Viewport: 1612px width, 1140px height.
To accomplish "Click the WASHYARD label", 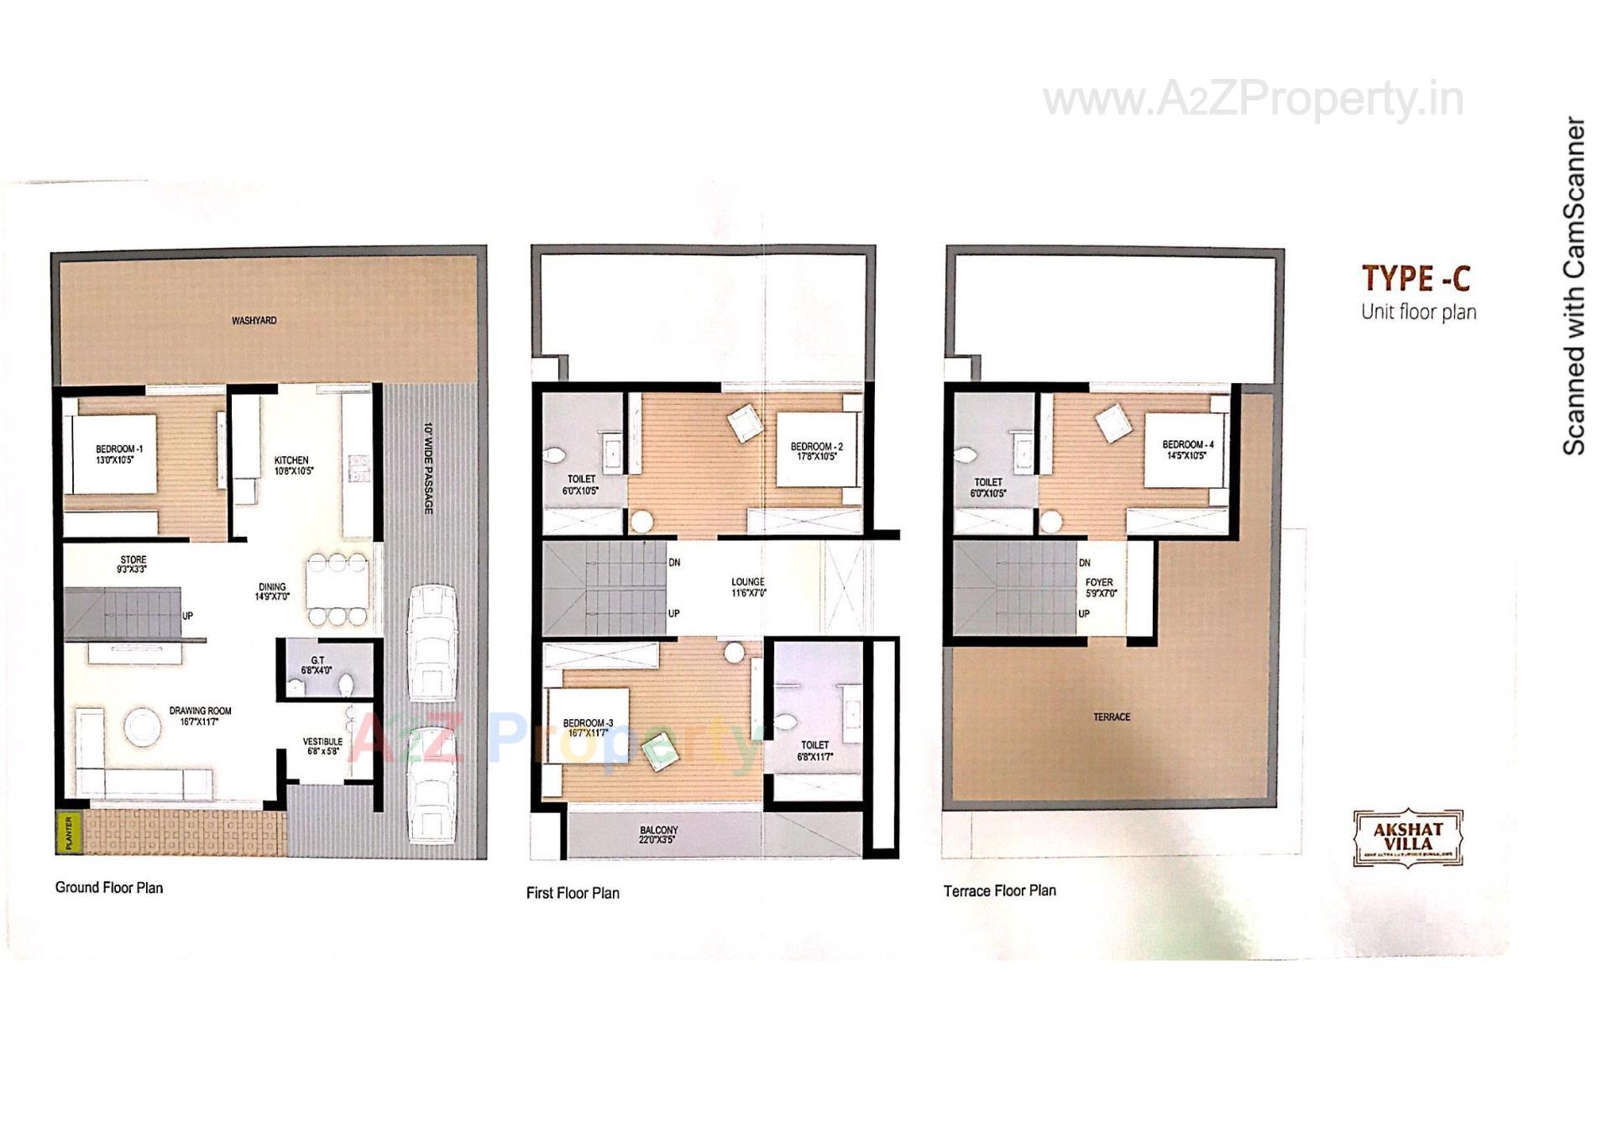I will [254, 320].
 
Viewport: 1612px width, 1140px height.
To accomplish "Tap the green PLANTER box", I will [69, 832].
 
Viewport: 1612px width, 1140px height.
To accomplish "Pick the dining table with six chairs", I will [337, 589].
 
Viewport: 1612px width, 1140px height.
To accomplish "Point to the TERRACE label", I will [1112, 717].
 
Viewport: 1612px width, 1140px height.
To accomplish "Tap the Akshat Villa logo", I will [1408, 838].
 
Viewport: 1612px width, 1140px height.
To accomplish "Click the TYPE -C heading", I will [1416, 278].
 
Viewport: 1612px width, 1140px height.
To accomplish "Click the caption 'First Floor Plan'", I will [573, 893].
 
